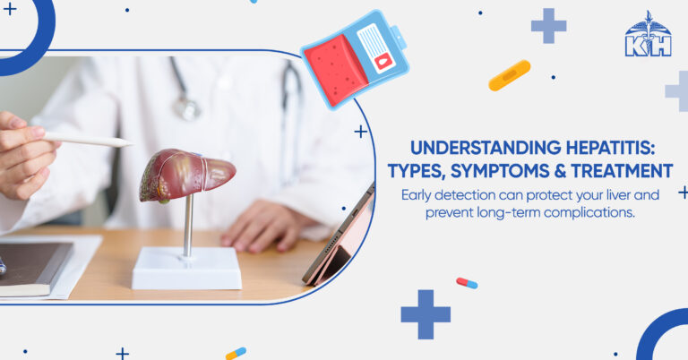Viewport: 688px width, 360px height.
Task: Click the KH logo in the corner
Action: (648, 36)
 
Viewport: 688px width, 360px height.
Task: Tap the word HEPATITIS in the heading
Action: (620, 148)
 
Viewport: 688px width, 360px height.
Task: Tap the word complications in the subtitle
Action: (584, 212)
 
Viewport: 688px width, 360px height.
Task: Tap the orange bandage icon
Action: (509, 75)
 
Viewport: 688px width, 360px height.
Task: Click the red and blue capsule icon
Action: (467, 283)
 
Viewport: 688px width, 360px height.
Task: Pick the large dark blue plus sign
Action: (425, 314)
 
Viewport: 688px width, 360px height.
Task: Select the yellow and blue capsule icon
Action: (236, 353)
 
